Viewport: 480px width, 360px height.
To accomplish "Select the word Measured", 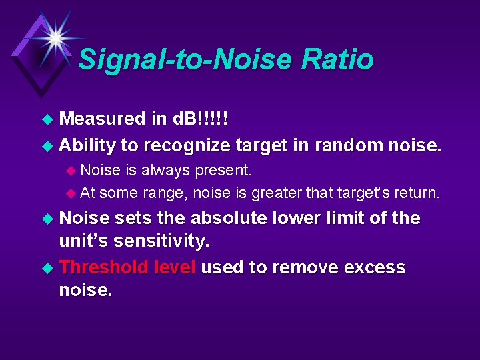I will coord(103,119).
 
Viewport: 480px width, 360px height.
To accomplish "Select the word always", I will coord(165,170).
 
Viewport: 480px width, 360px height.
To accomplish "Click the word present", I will coord(223,170).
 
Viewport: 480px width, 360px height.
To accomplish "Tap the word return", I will coord(417,193).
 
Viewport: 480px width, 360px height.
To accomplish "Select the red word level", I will coord(174,267).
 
